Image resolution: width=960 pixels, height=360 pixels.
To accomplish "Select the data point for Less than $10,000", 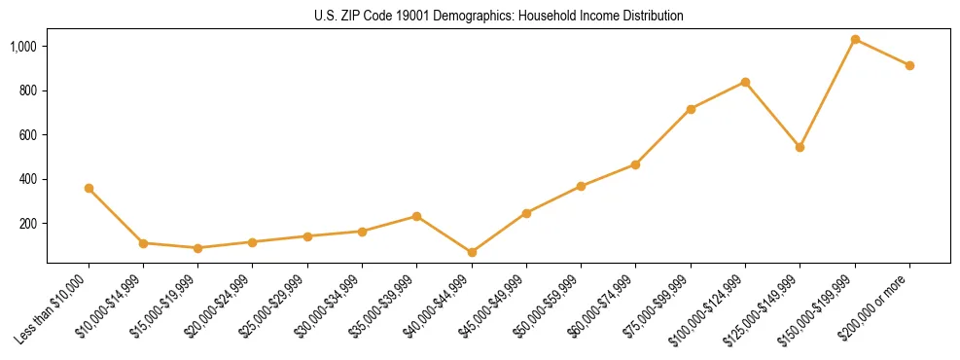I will coord(89,188).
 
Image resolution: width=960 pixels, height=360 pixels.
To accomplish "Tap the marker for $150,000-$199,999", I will coord(855,40).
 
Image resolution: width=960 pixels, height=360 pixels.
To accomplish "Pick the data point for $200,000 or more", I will coord(909,65).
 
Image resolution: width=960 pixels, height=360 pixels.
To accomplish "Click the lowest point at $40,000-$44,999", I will coord(472,252).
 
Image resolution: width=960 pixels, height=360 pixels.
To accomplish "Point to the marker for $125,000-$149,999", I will coord(800,147).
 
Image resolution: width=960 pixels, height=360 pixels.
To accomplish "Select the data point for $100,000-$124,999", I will coord(745,82).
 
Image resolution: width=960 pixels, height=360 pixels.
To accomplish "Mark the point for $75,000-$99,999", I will coord(691,109).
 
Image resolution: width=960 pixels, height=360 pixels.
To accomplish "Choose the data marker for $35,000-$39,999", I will coord(416,216).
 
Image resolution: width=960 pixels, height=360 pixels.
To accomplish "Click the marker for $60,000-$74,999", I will coord(635,164).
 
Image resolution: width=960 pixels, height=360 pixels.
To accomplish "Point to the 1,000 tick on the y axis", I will coord(24,46).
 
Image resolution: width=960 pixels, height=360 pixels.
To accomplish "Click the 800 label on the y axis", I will coord(28,90).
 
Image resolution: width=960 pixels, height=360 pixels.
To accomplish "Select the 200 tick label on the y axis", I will coord(28,224).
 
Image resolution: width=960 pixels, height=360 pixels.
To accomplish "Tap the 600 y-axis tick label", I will coord(28,135).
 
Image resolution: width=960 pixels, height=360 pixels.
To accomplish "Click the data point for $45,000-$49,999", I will coord(526,213).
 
